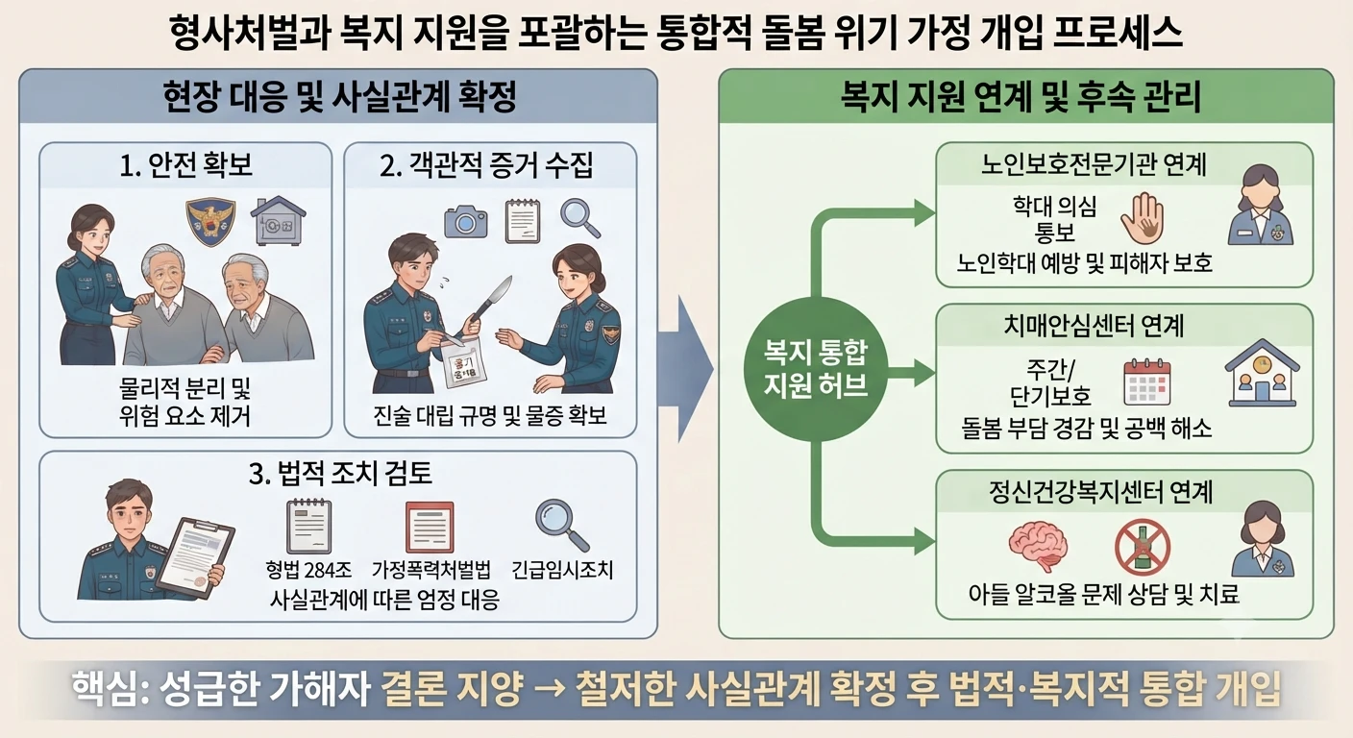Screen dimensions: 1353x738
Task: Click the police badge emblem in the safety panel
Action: pyautogui.click(x=210, y=222)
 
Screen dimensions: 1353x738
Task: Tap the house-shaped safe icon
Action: pyautogui.click(x=278, y=221)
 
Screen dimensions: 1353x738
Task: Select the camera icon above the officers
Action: pyautogui.click(x=466, y=222)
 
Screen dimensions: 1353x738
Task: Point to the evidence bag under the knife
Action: pyautogui.click(x=464, y=361)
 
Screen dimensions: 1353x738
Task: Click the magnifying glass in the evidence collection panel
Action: pyautogui.click(x=579, y=218)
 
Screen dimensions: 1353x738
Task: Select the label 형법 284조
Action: pyautogui.click(x=308, y=570)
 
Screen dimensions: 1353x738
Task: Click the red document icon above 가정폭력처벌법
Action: pyautogui.click(x=430, y=528)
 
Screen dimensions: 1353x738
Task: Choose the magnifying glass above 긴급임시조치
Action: pyautogui.click(x=562, y=525)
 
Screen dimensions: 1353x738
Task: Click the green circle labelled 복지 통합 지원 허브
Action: pyautogui.click(x=816, y=369)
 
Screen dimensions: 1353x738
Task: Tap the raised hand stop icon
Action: pyautogui.click(x=1142, y=219)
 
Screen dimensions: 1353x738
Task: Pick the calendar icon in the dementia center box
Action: pyautogui.click(x=1147, y=381)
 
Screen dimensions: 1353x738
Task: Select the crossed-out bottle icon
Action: pyautogui.click(x=1143, y=548)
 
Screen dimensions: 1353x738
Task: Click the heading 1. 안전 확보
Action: pyautogui.click(x=186, y=165)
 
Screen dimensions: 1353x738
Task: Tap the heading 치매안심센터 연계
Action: pyautogui.click(x=1094, y=326)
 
